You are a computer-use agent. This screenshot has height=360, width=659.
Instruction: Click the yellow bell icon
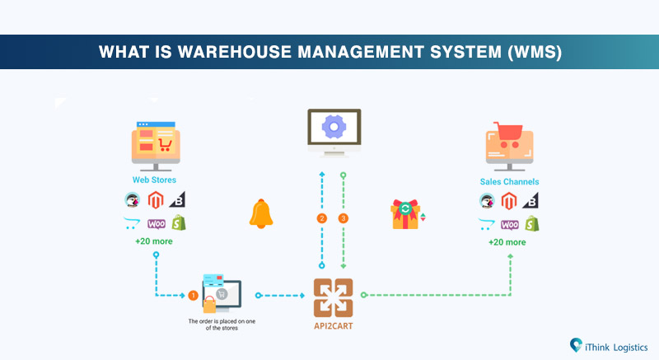pyautogui.click(x=260, y=214)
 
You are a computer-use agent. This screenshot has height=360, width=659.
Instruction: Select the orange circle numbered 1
pyautogui.click(x=192, y=294)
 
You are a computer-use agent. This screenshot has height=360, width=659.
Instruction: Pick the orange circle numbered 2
pyautogui.click(x=322, y=218)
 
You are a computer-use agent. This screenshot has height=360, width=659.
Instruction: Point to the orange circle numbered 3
pyautogui.click(x=344, y=218)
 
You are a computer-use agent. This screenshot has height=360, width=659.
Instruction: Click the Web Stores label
pyautogui.click(x=155, y=180)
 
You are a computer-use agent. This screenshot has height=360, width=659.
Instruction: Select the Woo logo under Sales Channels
pyautogui.click(x=509, y=223)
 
